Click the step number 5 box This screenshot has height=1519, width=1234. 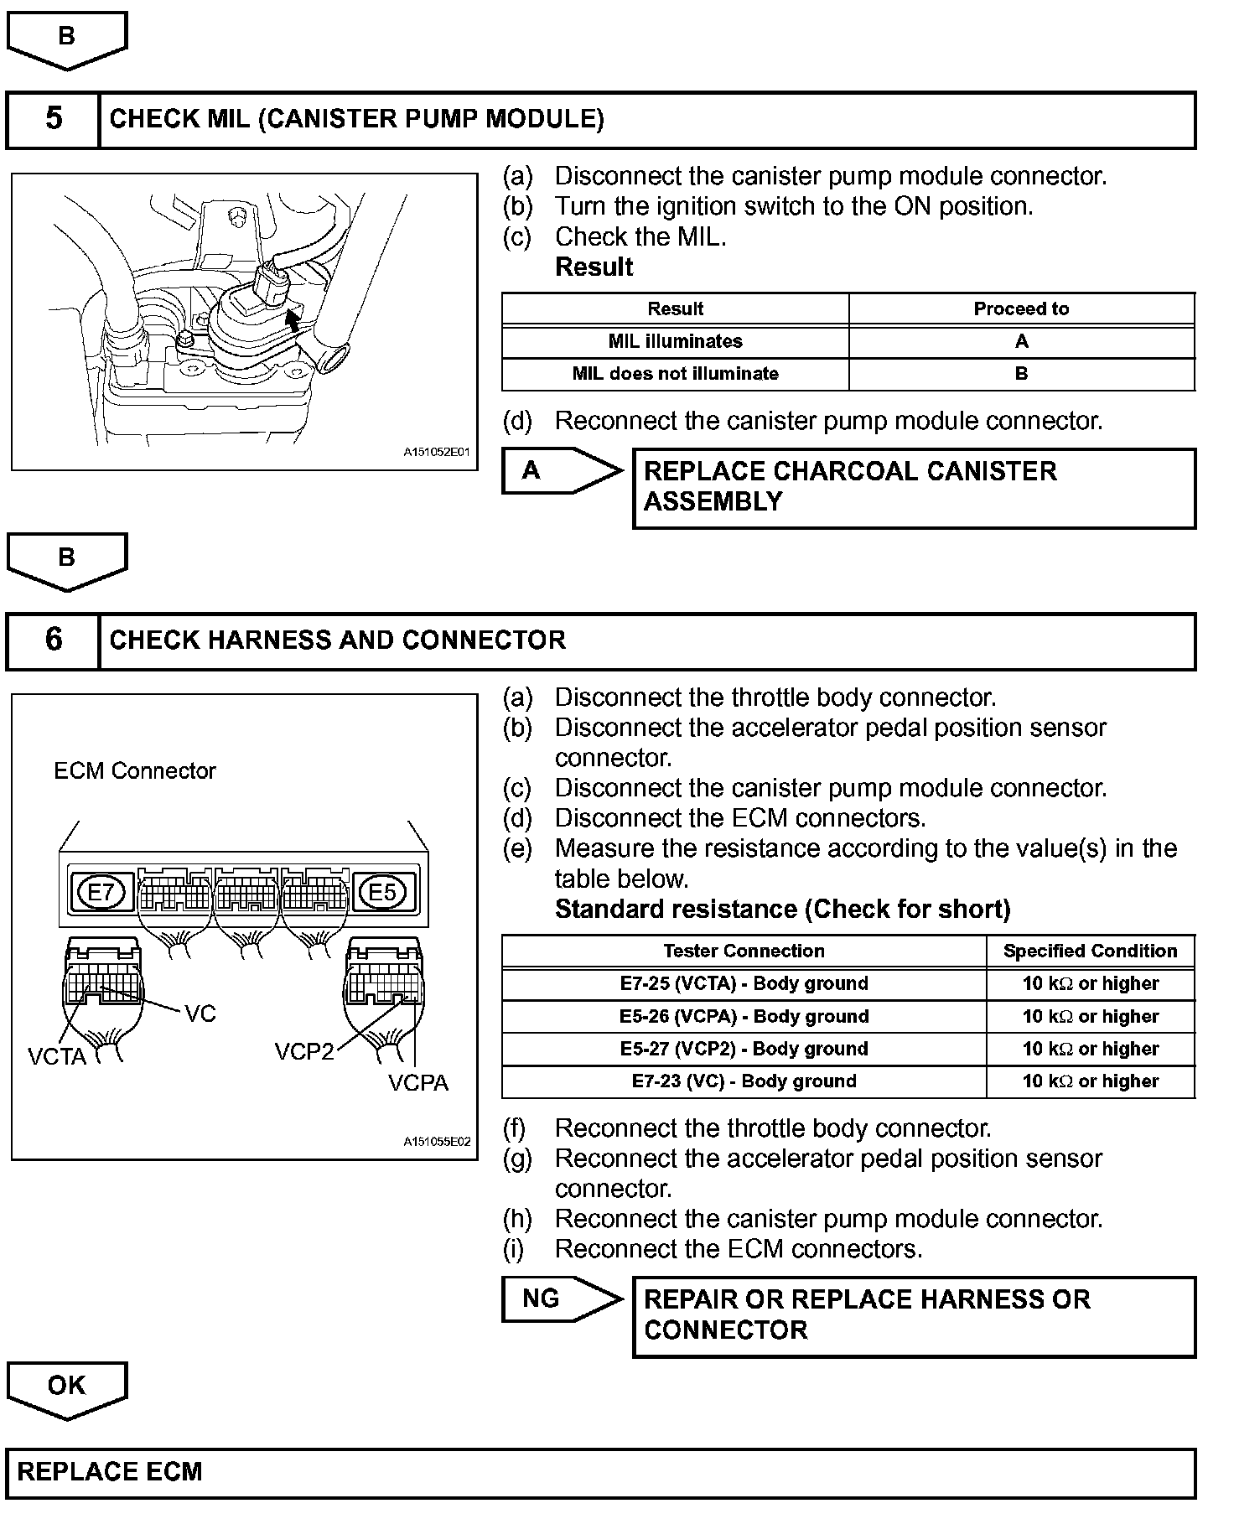click(x=53, y=119)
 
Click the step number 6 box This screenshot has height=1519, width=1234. click(x=53, y=640)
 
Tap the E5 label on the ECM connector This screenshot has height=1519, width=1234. click(x=382, y=892)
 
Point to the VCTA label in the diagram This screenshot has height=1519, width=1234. click(x=57, y=1056)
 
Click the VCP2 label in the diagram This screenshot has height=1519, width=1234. click(x=304, y=1051)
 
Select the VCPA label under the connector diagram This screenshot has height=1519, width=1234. click(x=418, y=1083)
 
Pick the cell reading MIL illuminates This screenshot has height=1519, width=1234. click(x=675, y=341)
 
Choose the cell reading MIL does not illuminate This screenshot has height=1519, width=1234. click(x=675, y=374)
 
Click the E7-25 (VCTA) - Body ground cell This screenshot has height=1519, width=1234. click(x=744, y=983)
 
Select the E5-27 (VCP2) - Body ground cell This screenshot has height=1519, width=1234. click(x=744, y=1049)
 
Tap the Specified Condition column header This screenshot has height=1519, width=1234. click(x=1090, y=951)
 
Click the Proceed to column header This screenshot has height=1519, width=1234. click(x=1021, y=308)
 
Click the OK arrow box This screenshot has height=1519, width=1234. click(x=66, y=1387)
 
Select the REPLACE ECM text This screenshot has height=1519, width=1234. click(x=110, y=1472)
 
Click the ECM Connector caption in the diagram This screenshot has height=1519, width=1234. click(x=135, y=771)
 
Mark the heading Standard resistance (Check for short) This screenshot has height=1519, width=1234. click(x=782, y=910)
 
